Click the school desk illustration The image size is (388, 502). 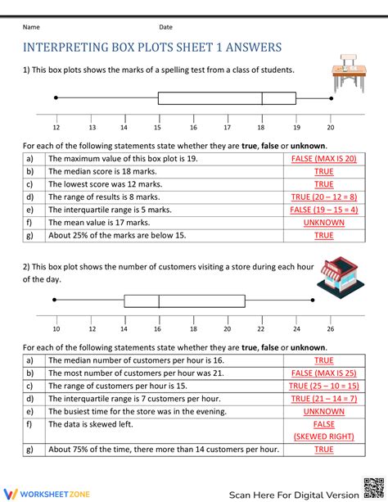coord(349,75)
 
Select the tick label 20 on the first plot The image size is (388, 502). coord(331,128)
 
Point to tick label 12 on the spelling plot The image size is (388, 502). coord(56,128)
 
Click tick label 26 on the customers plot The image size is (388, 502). coord(330,329)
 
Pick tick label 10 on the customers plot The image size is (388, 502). coord(56,329)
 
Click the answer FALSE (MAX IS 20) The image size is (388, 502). coord(324,159)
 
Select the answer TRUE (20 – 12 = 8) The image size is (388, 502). coord(324,197)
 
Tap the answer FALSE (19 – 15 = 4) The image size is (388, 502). coord(324,210)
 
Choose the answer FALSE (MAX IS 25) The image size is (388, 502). coord(324,373)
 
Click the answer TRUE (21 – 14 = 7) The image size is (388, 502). coord(324,399)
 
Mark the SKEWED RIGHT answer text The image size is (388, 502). coord(324,436)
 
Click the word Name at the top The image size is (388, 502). coord(31,27)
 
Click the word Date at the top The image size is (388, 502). coord(165,27)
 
